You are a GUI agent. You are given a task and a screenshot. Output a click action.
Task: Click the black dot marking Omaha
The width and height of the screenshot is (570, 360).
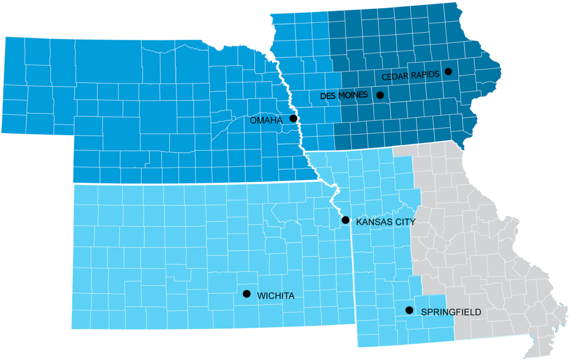293,119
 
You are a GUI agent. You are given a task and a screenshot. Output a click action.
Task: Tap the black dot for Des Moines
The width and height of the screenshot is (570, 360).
380,95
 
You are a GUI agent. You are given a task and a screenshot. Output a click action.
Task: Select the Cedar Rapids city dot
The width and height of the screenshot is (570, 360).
448,71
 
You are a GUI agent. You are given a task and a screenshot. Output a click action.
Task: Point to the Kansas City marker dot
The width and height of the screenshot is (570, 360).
345,220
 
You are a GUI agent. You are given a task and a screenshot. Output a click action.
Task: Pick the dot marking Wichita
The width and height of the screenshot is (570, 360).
247,293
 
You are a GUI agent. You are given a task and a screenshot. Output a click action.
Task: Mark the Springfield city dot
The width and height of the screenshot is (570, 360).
409,310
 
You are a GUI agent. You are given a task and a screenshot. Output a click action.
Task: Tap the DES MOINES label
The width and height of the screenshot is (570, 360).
344,96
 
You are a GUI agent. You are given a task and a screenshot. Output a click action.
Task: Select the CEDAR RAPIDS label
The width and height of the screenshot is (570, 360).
411,74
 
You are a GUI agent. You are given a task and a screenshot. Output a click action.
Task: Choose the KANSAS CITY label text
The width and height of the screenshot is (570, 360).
386,222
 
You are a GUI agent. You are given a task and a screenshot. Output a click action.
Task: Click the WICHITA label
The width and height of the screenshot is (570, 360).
276,296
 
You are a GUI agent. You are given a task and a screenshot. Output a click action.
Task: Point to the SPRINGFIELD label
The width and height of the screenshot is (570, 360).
451,313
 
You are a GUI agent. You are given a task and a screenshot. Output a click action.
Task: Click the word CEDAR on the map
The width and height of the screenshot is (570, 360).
394,75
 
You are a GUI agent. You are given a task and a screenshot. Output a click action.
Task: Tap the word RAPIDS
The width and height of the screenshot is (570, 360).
425,73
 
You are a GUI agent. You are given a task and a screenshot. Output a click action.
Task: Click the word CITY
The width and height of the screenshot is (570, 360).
406,222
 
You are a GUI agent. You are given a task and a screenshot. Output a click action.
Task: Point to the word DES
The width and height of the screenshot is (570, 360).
327,96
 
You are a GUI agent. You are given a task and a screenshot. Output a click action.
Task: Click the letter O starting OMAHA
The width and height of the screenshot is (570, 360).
253,120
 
